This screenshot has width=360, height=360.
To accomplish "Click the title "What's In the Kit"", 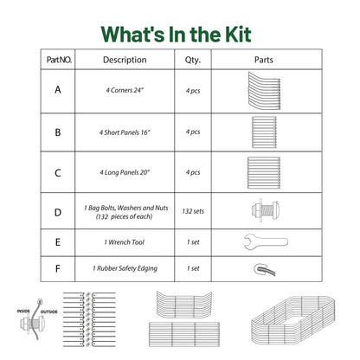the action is (x=176, y=35).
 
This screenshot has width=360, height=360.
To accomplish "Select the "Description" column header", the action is (x=125, y=60).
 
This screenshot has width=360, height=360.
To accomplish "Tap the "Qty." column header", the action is (x=193, y=60).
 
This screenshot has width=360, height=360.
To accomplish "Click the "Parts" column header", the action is (x=264, y=60).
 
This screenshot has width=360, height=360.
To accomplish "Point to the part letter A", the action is (x=58, y=90).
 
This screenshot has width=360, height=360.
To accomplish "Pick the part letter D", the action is (x=58, y=213).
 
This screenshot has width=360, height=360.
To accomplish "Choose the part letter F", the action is (x=58, y=268).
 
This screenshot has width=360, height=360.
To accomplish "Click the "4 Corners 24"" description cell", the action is (x=125, y=90).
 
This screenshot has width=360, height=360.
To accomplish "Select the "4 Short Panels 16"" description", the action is (x=125, y=132).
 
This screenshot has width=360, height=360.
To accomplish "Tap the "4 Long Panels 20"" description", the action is (x=125, y=172).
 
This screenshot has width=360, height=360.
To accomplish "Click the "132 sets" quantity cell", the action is (x=193, y=211).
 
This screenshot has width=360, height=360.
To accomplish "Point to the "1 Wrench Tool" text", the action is (x=125, y=242).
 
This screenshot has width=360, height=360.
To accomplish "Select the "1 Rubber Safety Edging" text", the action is (x=125, y=268).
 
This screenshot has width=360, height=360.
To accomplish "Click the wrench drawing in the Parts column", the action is (x=266, y=241).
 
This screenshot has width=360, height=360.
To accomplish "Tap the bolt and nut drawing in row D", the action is (x=265, y=210).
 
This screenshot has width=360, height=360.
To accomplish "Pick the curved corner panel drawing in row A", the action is (x=264, y=91).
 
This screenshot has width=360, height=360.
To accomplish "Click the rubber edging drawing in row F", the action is (x=264, y=269).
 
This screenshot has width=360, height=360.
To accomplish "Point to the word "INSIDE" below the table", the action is (x=23, y=311).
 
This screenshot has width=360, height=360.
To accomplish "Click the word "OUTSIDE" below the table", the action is (x=48, y=312).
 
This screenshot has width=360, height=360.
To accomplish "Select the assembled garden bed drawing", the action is (x=292, y=321).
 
